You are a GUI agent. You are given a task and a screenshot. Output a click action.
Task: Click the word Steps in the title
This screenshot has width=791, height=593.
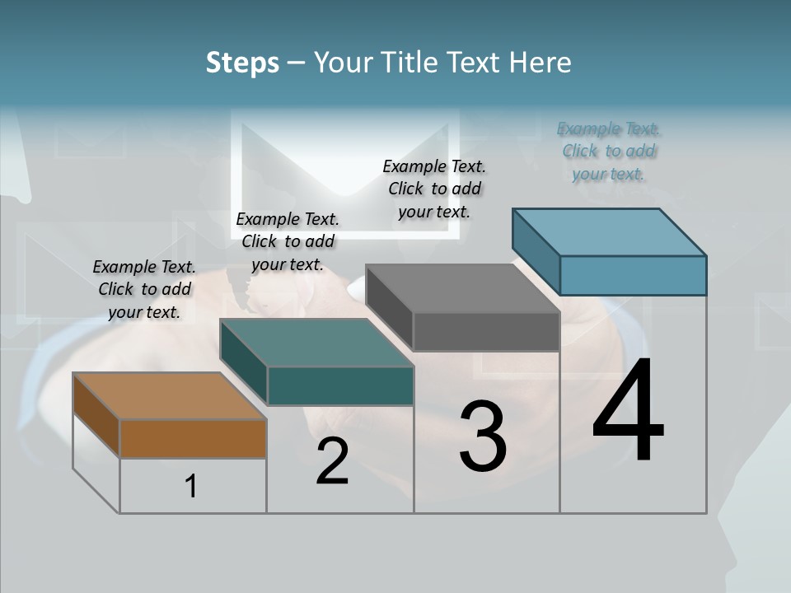tap(242, 63)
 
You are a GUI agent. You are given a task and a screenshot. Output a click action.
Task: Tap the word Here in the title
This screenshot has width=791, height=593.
tap(541, 63)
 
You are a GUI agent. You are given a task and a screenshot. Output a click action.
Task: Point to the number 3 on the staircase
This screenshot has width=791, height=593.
tap(483, 437)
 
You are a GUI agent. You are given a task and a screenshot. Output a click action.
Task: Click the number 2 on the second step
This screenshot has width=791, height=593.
tap(332, 462)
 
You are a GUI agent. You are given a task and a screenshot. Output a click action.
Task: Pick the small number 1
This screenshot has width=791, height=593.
tap(191, 486)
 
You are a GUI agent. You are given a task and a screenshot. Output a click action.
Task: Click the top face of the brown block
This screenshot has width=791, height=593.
tap(169, 396)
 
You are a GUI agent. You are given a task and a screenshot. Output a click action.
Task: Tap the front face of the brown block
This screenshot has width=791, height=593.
tap(193, 438)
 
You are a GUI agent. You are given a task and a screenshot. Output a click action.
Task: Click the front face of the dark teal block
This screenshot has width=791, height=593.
tap(339, 385)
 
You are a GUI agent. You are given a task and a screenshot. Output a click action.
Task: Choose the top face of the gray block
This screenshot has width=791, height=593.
tap(462, 288)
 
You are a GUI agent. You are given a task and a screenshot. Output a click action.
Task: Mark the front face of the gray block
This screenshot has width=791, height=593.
tap(486, 331)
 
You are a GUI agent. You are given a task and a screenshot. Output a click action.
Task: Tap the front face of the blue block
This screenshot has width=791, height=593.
tap(633, 275)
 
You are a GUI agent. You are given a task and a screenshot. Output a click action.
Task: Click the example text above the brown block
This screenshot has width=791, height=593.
tap(144, 289)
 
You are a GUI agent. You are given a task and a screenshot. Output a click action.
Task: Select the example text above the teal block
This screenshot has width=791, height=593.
tap(288, 241)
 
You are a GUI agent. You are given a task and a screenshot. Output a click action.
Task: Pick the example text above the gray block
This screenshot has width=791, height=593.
tap(434, 189)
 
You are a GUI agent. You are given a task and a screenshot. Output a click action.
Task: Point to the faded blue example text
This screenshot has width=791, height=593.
tap(609, 151)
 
